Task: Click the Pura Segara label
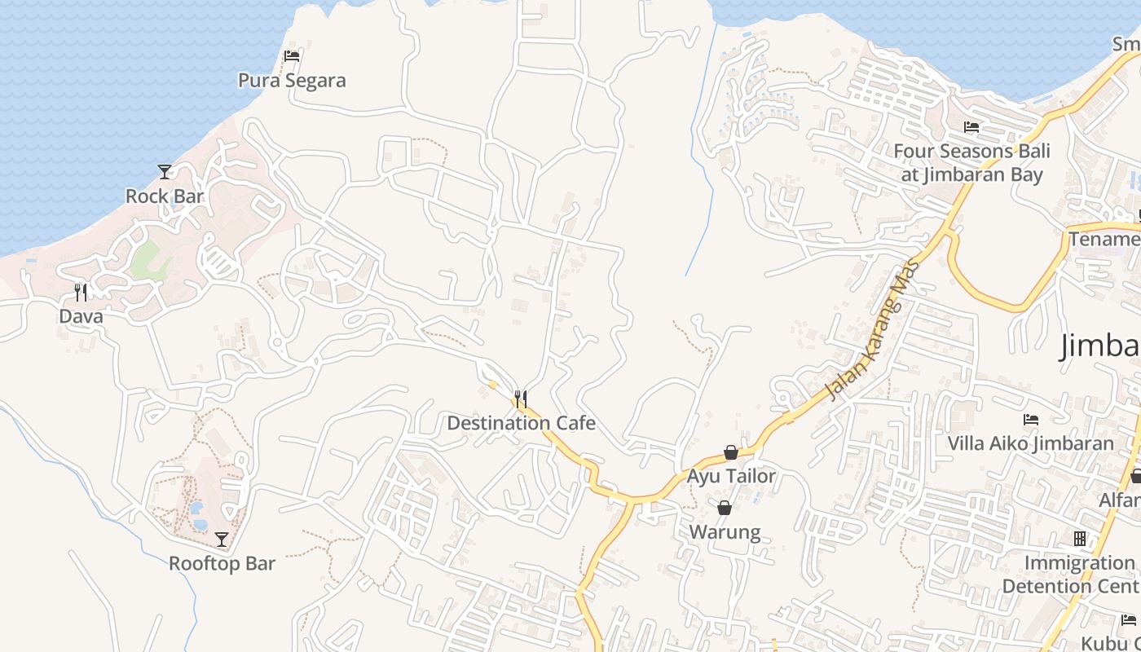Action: tap(292, 81)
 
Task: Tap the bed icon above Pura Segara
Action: tap(292, 56)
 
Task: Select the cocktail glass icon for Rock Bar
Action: tap(165, 171)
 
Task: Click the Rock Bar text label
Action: tap(165, 196)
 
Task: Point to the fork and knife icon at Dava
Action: tap(81, 292)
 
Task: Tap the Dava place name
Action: tap(81, 316)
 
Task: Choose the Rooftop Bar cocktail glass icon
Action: tap(222, 539)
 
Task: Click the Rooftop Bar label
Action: tap(222, 564)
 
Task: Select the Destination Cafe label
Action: tap(521, 424)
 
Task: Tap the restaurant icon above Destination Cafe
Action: tap(521, 399)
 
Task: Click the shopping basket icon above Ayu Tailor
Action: tap(731, 452)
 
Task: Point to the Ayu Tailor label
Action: tap(731, 476)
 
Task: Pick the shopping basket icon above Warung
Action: tap(725, 509)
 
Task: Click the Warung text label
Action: tap(725, 533)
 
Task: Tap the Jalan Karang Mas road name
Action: tap(873, 331)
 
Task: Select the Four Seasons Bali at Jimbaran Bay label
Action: tap(971, 163)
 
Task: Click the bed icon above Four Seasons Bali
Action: tap(971, 127)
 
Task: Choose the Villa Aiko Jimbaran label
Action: tap(1030, 444)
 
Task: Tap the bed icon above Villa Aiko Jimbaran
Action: tap(1031, 420)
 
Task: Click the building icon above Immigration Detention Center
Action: tap(1080, 539)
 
